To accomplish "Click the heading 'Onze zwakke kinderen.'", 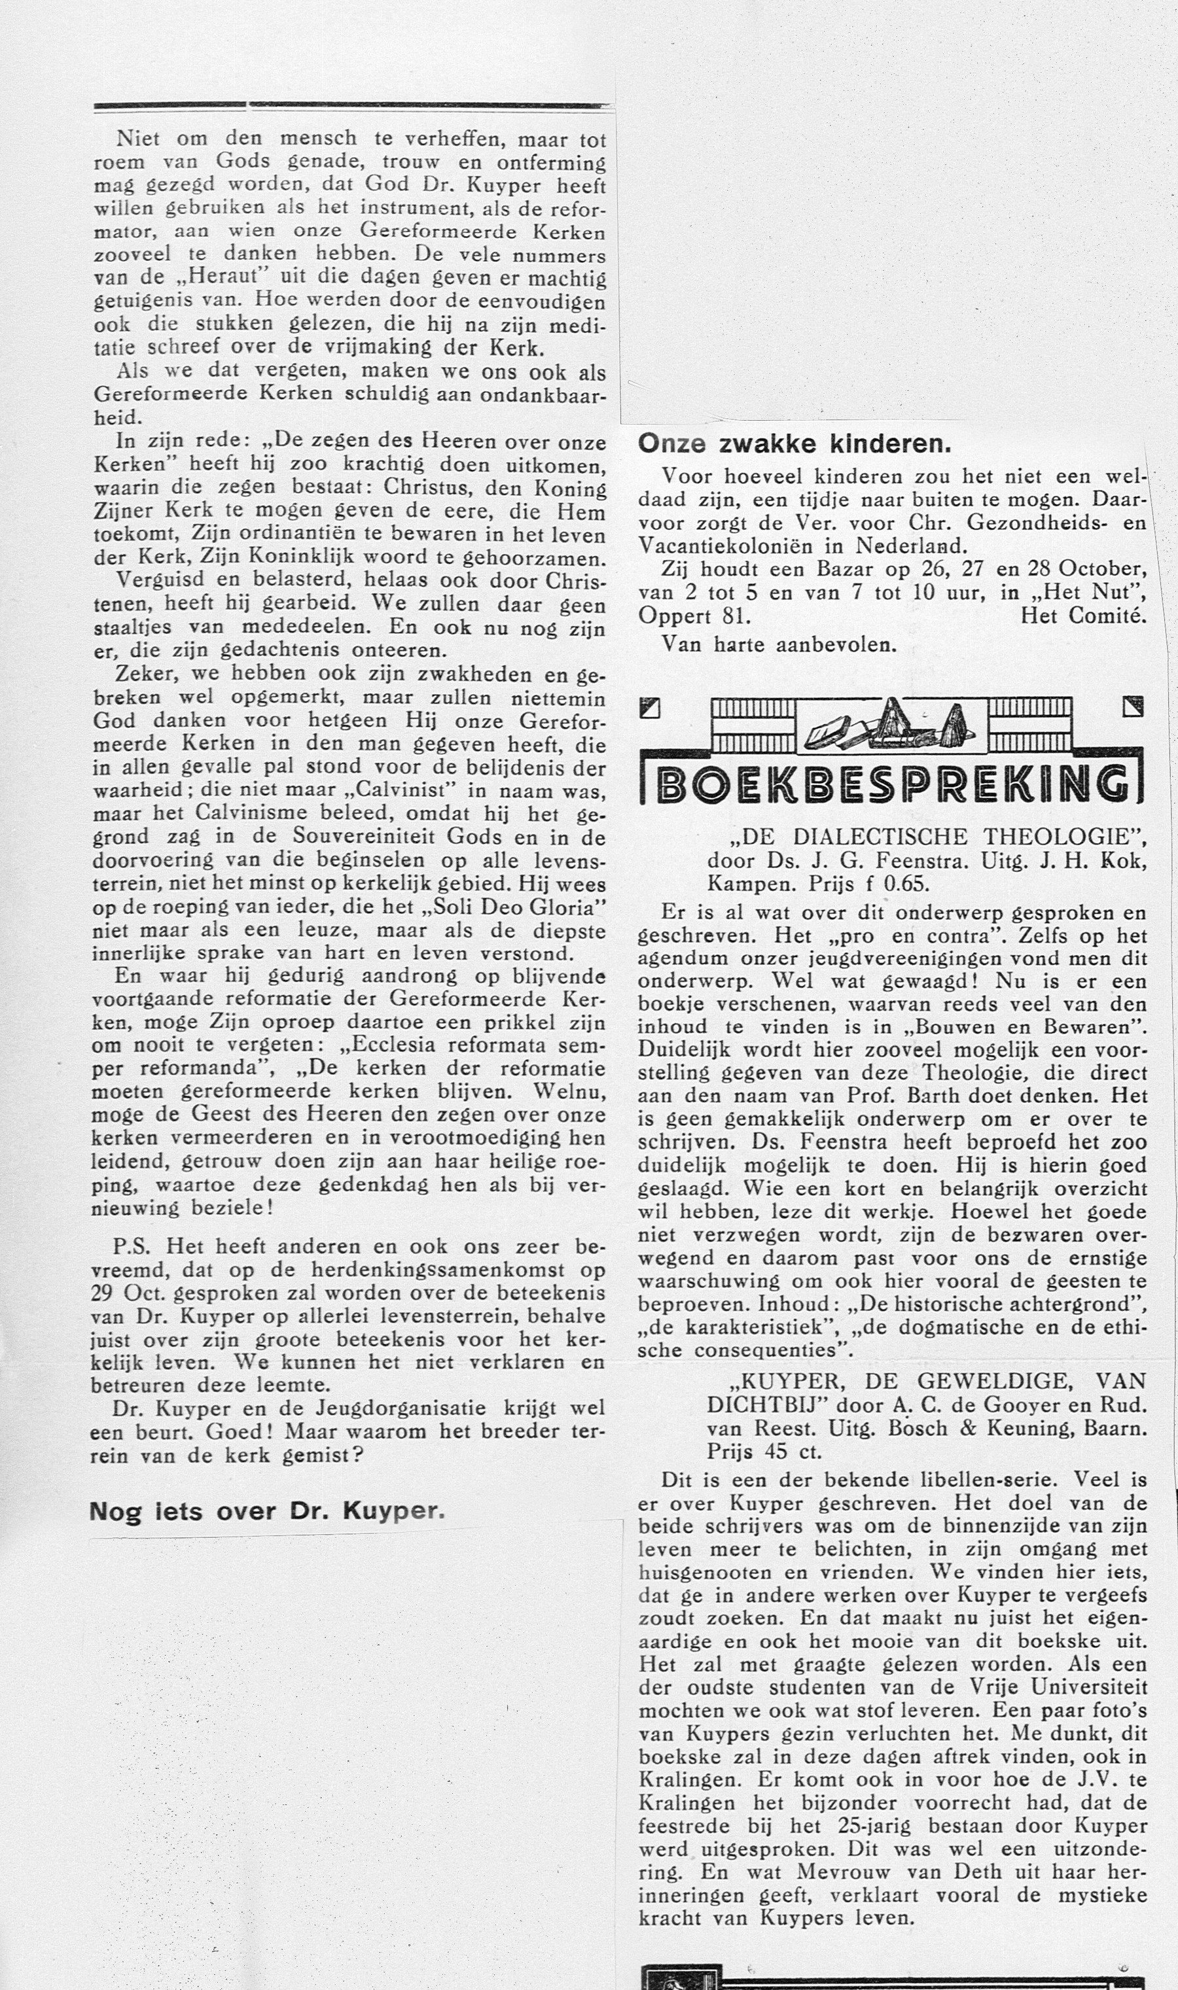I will (x=794, y=444).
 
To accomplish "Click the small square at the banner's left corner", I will (x=650, y=706).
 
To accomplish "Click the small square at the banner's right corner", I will (x=1133, y=706).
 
